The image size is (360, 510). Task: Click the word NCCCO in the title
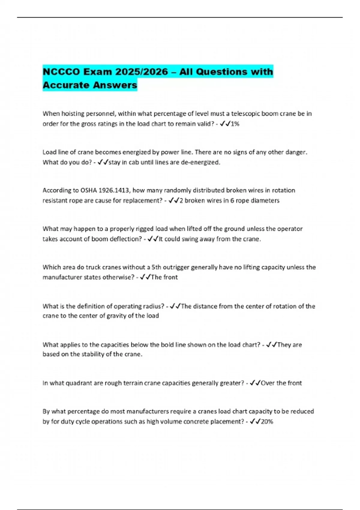click(61, 72)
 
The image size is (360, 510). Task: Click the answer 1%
click(235, 124)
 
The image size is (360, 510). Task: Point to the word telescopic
click(245, 114)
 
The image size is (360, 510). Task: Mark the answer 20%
click(267, 421)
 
